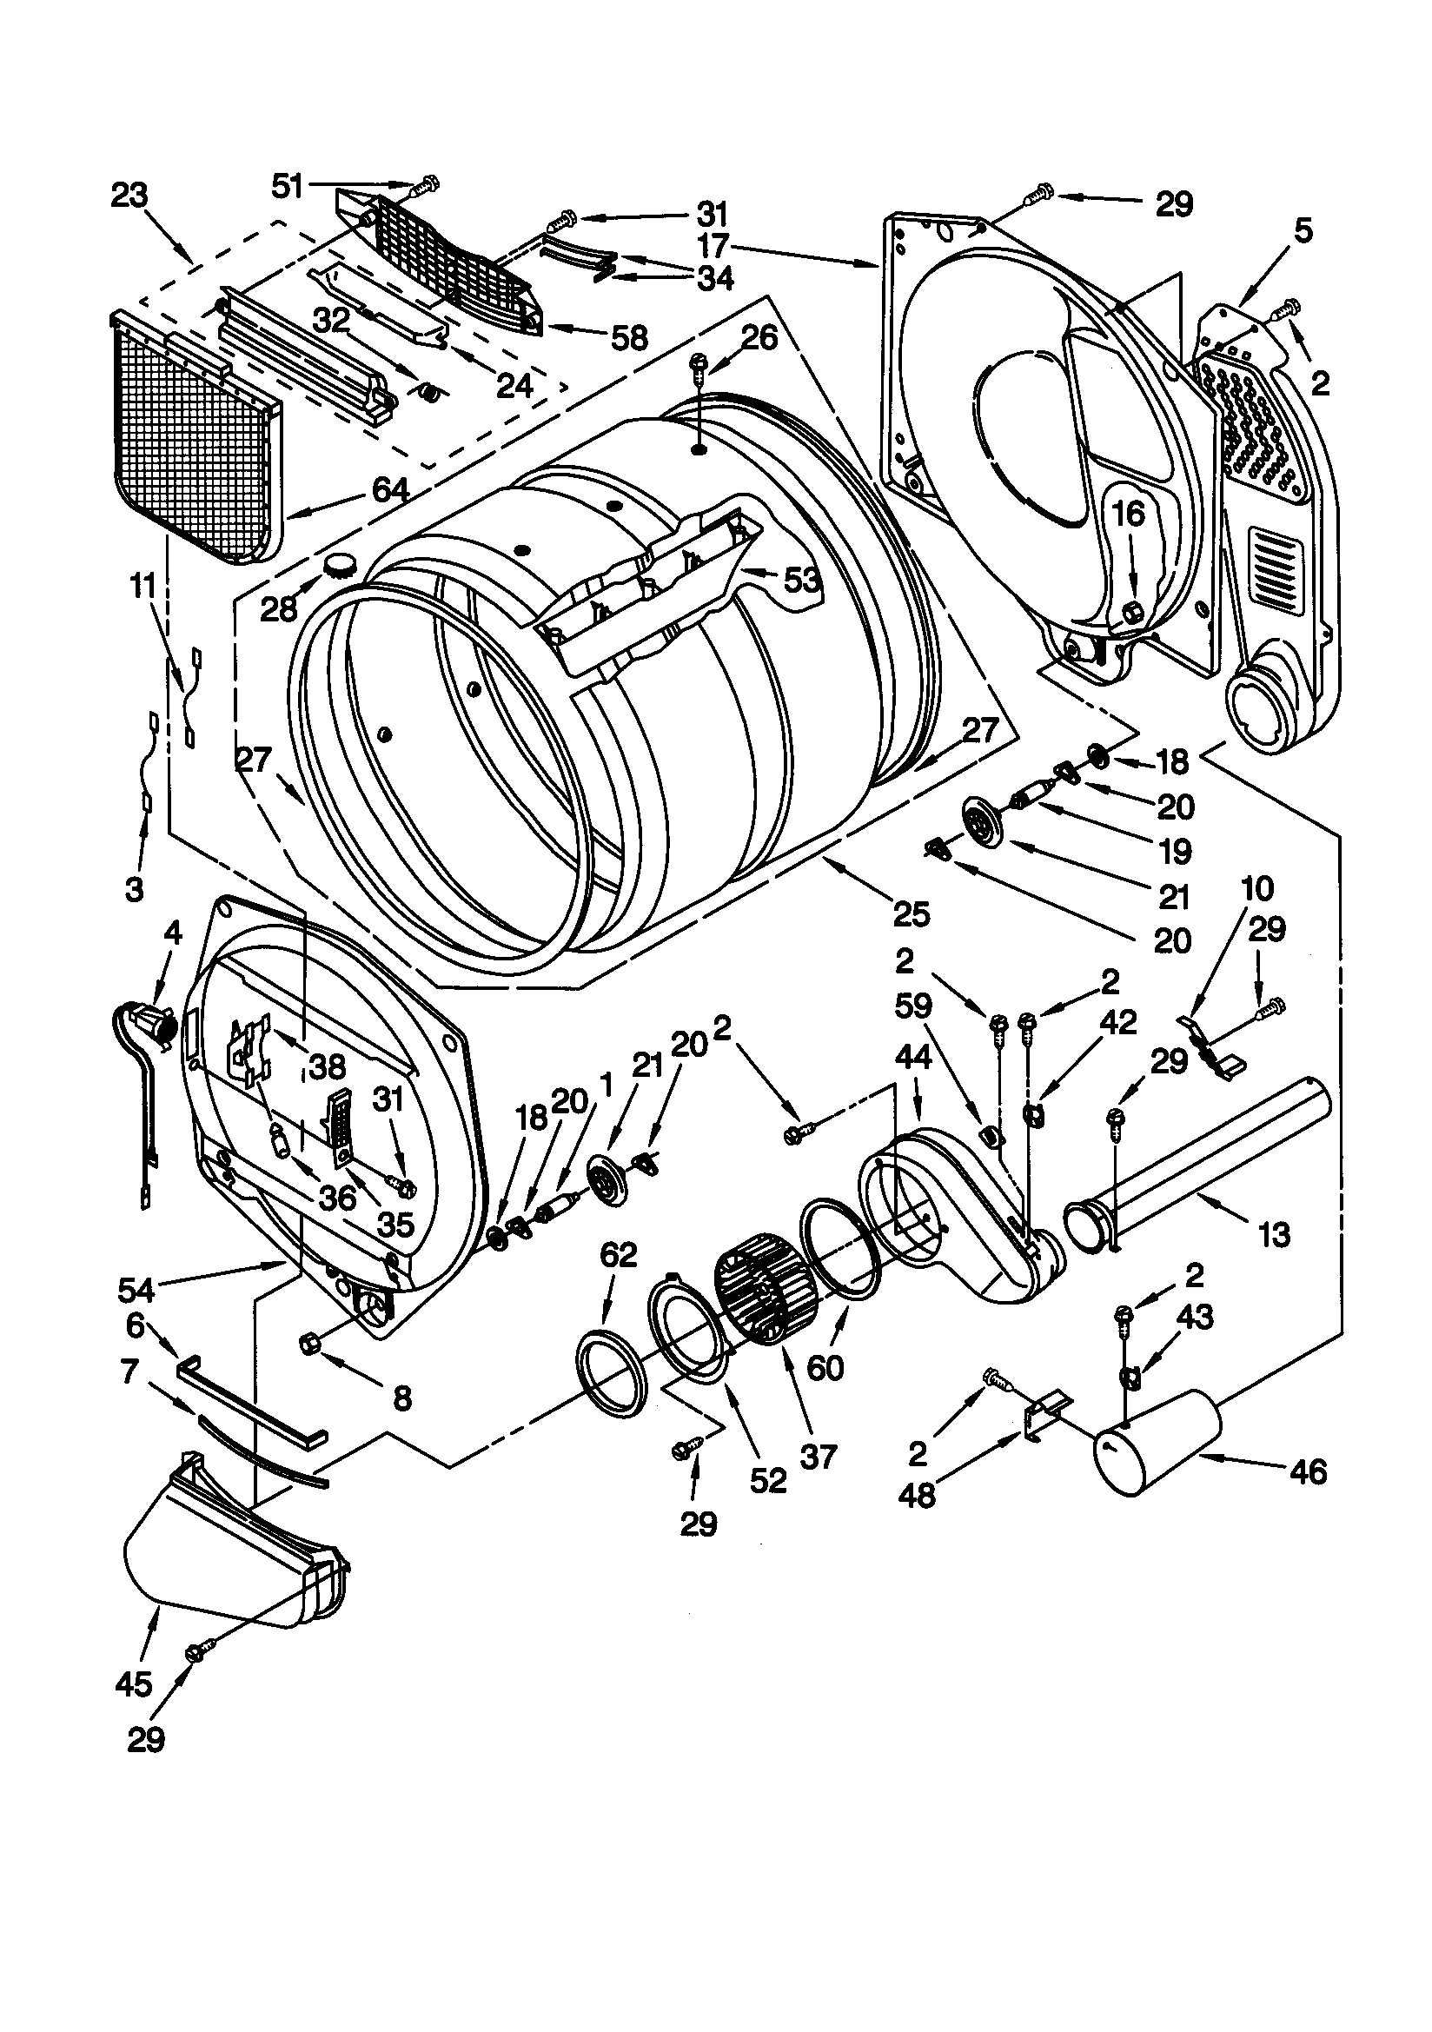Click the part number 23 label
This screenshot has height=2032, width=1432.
click(129, 196)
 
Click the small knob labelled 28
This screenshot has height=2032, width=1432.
click(339, 565)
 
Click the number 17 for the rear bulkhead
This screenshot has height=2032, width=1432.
click(713, 243)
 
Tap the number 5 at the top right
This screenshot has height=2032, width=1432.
click(1302, 231)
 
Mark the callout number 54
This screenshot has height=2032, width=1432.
click(136, 1290)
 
